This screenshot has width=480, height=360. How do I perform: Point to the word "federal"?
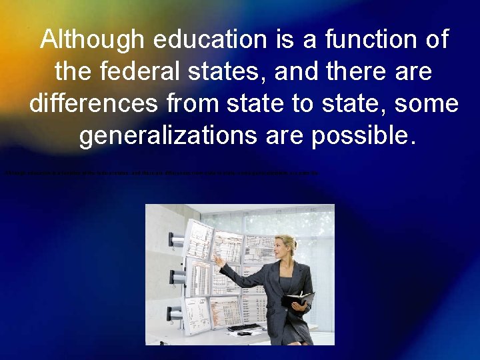pyautogui.click(x=151, y=73)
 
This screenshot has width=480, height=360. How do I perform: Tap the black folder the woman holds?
pyautogui.click(x=297, y=299)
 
